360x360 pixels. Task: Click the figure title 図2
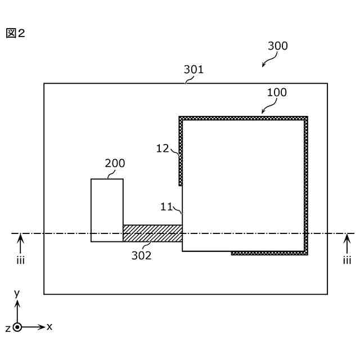pos(15,33)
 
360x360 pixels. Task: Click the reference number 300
pos(277,46)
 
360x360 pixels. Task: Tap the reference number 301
pos(193,70)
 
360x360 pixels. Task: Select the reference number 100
pos(276,92)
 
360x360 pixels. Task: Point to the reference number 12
pos(163,148)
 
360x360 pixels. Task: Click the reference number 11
pos(166,206)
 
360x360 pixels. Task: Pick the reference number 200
pos(115,163)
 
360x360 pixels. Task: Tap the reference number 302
pos(142,255)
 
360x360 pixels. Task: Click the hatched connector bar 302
pos(152,233)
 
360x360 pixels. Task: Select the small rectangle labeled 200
pos(107,210)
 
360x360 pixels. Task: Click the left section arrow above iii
pos(21,244)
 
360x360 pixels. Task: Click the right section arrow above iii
pos(347,244)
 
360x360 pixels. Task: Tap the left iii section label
pos(21,260)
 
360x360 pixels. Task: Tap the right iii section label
pos(347,260)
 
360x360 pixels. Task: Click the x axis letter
pos(49,326)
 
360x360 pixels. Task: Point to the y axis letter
pos(17,293)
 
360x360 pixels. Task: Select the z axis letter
pos(7,328)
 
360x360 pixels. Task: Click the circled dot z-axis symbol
pos(17,327)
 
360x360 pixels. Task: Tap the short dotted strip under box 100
pos(268,253)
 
